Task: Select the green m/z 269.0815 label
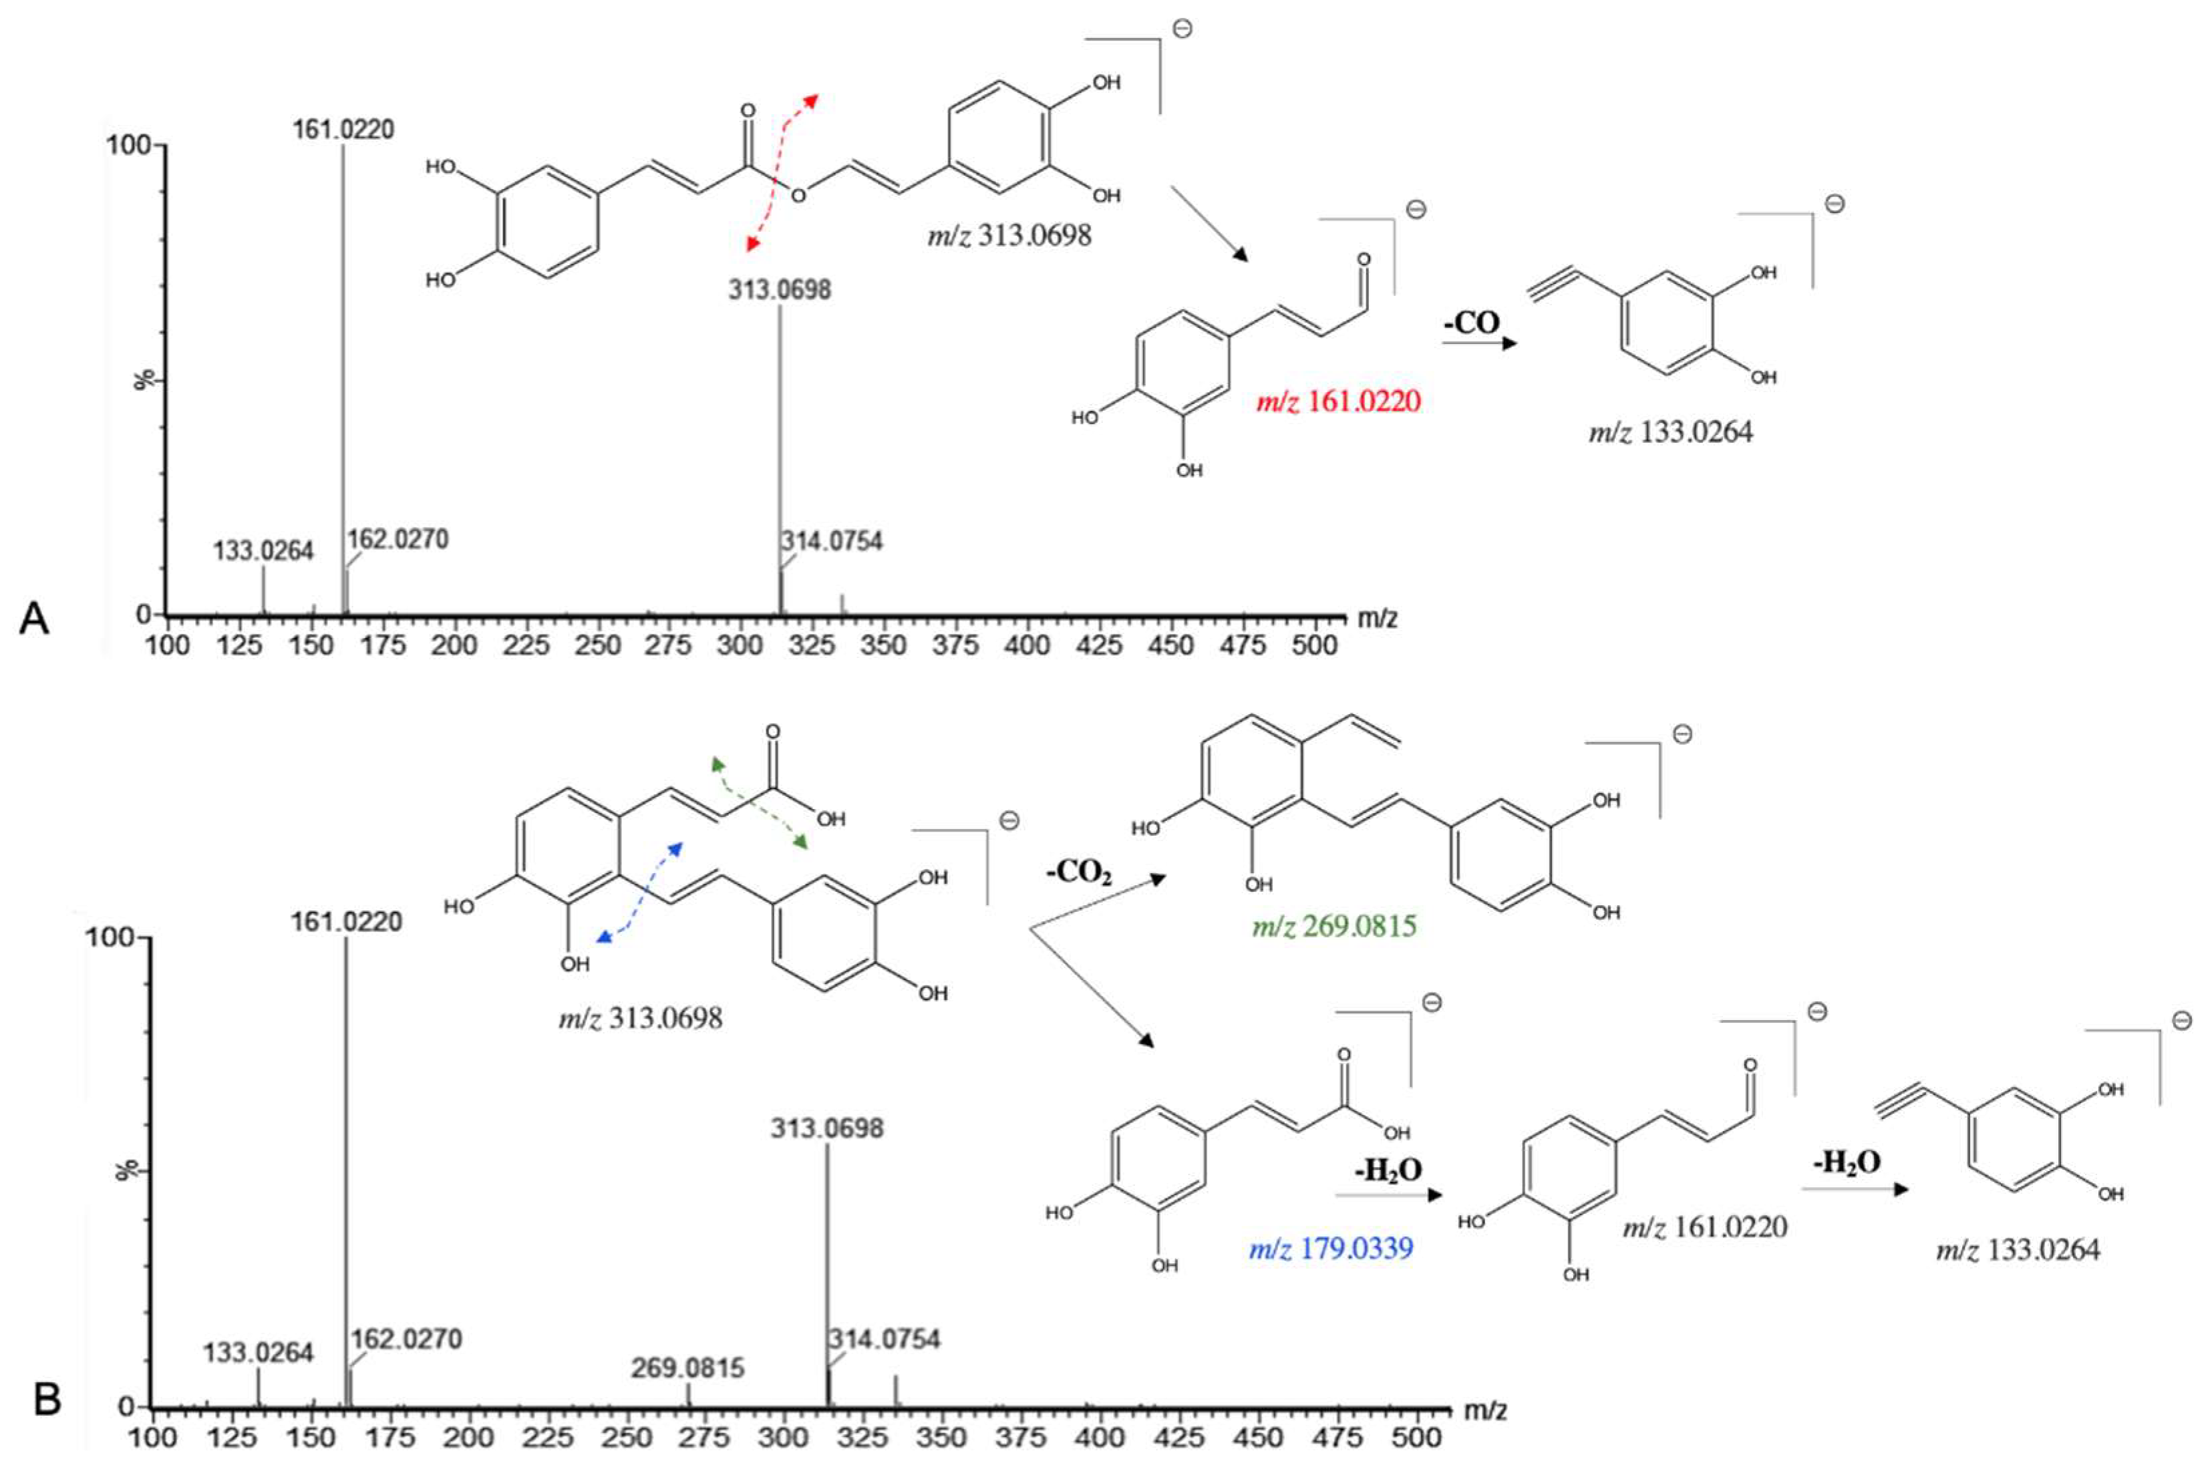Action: pos(1334,926)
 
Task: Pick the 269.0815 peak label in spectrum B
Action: pos(687,1369)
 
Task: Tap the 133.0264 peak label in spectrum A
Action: pos(263,550)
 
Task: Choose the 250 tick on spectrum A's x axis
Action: pos(598,645)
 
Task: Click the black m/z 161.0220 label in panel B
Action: pos(1705,1226)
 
